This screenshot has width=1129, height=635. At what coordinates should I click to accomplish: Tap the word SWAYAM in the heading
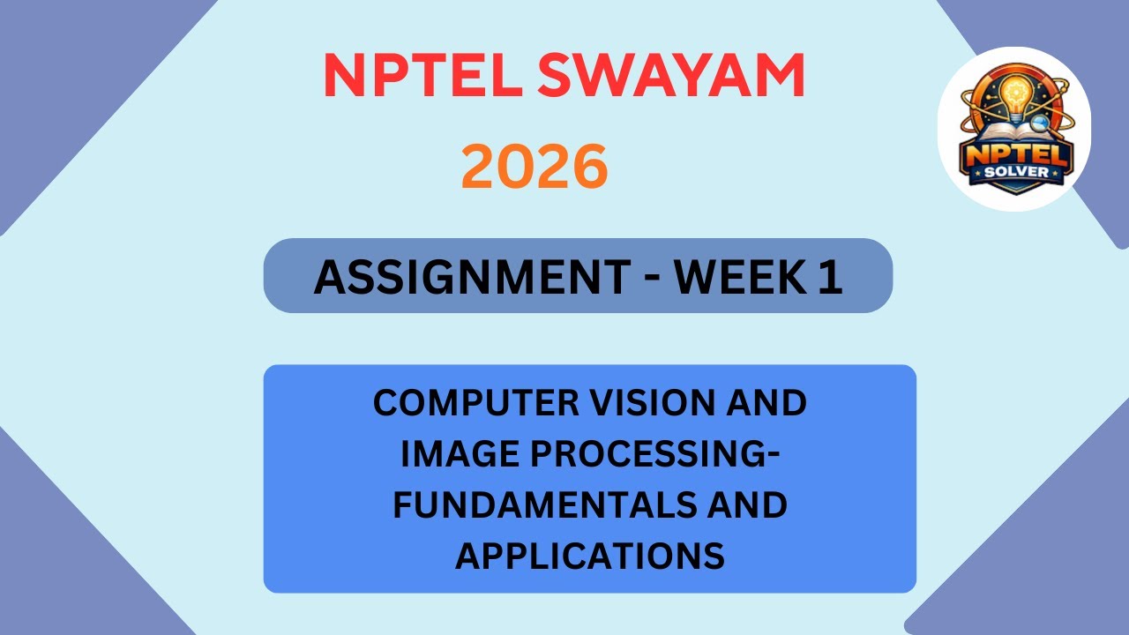(670, 77)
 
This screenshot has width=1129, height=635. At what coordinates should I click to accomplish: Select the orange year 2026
(535, 168)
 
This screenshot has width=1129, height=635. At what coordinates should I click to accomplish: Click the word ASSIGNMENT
(468, 278)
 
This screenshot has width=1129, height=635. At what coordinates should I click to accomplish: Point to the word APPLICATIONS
(590, 557)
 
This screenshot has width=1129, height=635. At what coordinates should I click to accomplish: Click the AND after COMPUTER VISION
(766, 404)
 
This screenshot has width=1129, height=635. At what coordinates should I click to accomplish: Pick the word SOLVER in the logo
(1017, 172)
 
